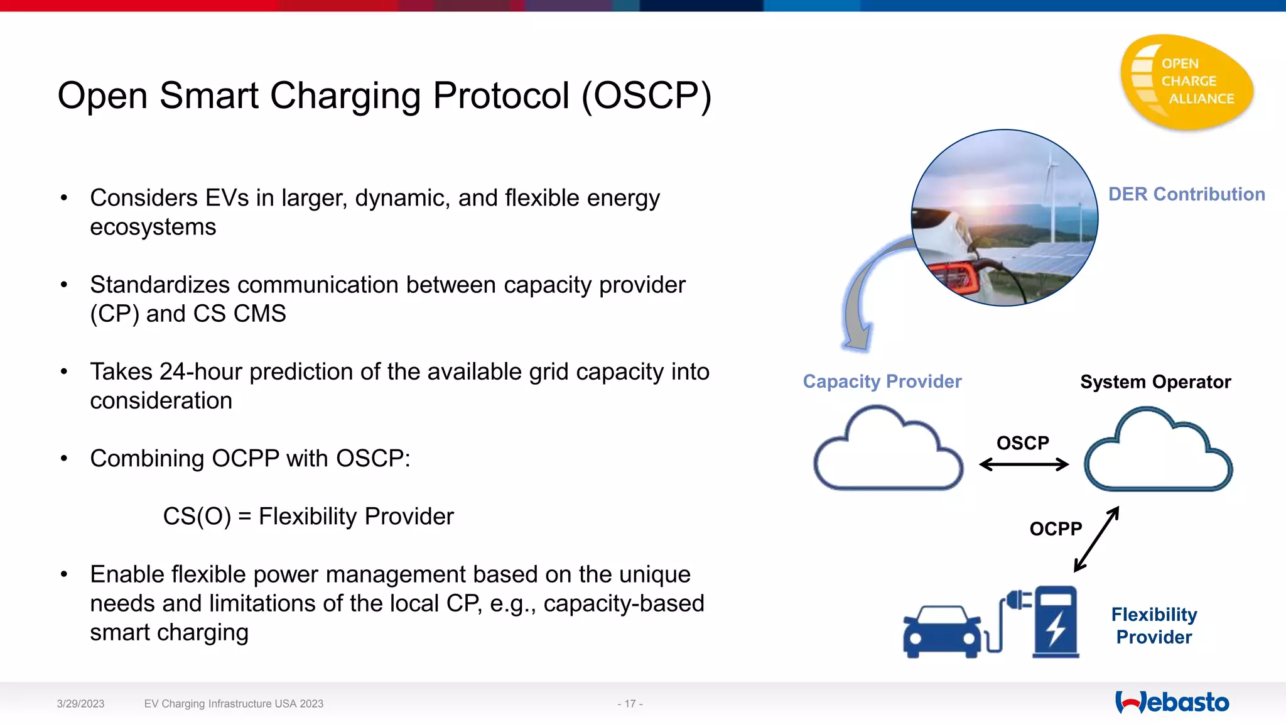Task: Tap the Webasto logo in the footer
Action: (x=1172, y=703)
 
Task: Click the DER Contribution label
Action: (x=1186, y=194)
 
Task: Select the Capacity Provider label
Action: (x=882, y=381)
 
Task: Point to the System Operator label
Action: (x=1155, y=382)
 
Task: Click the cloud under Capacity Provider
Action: (x=888, y=452)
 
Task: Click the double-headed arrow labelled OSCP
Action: (x=1024, y=465)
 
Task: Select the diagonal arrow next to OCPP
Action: (x=1096, y=539)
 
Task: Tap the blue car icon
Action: (x=942, y=631)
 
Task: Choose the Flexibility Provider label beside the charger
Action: (x=1154, y=625)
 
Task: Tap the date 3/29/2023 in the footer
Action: (x=80, y=704)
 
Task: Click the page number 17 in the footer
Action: (x=630, y=704)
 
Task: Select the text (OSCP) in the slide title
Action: (x=646, y=96)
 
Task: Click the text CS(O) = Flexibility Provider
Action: (x=308, y=517)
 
